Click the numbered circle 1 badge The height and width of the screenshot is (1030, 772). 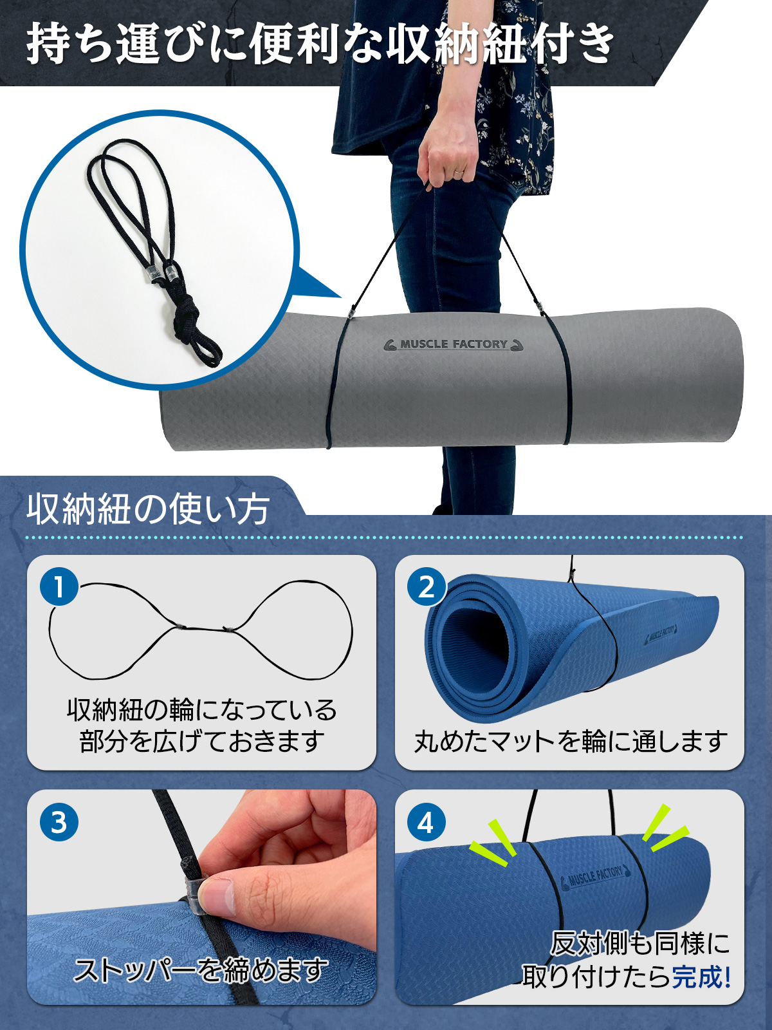pyautogui.click(x=59, y=587)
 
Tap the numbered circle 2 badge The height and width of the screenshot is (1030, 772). pyautogui.click(x=427, y=587)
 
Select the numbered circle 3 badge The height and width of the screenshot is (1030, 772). pyautogui.click(x=59, y=822)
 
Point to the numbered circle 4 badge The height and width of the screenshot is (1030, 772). pyautogui.click(x=427, y=822)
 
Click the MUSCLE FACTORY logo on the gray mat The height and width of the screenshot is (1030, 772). pyautogui.click(x=454, y=344)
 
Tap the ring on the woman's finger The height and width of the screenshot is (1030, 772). pyautogui.click(x=458, y=173)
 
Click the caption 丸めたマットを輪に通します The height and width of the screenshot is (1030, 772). pyautogui.click(x=570, y=741)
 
